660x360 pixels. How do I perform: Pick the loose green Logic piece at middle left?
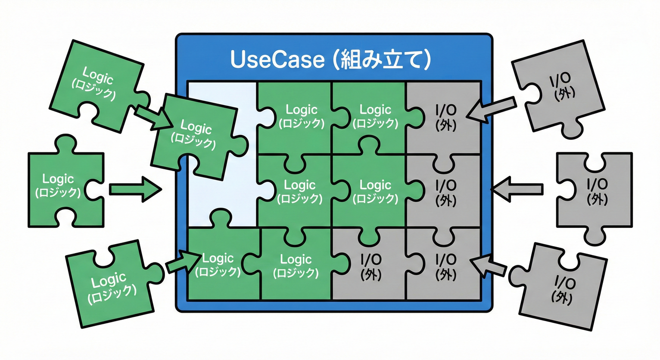point(59,185)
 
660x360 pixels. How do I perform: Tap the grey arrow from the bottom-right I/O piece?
point(489,266)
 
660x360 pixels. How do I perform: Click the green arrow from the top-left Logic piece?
point(152,117)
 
